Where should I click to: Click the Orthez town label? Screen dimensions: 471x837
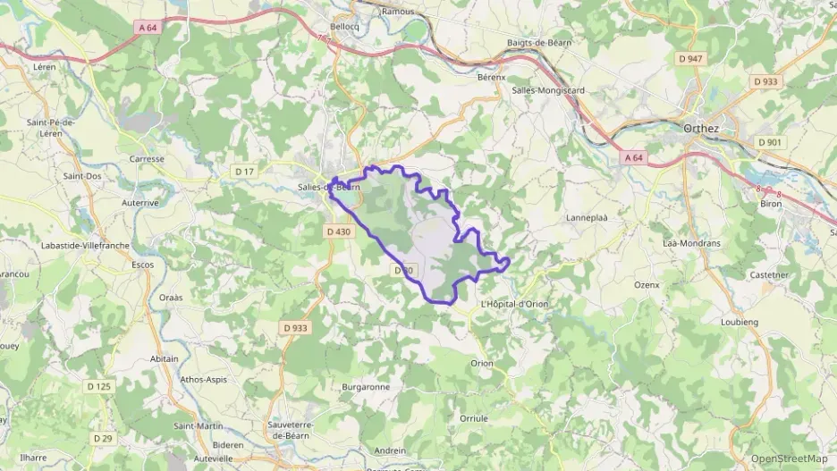point(700,127)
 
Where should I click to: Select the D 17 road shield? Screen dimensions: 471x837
point(243,171)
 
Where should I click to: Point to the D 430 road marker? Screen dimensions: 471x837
point(336,231)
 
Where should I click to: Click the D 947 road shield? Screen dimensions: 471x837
point(689,59)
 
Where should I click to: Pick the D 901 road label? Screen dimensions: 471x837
point(769,142)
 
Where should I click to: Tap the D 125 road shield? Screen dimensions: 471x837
point(99,386)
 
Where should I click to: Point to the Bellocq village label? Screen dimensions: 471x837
point(344,28)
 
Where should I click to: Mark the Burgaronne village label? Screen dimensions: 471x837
point(366,387)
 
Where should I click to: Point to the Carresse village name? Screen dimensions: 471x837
point(147,159)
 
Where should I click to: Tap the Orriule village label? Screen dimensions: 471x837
point(474,417)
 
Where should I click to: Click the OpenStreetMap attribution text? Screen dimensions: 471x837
point(789,458)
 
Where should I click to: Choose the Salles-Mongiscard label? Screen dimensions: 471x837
point(548,90)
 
